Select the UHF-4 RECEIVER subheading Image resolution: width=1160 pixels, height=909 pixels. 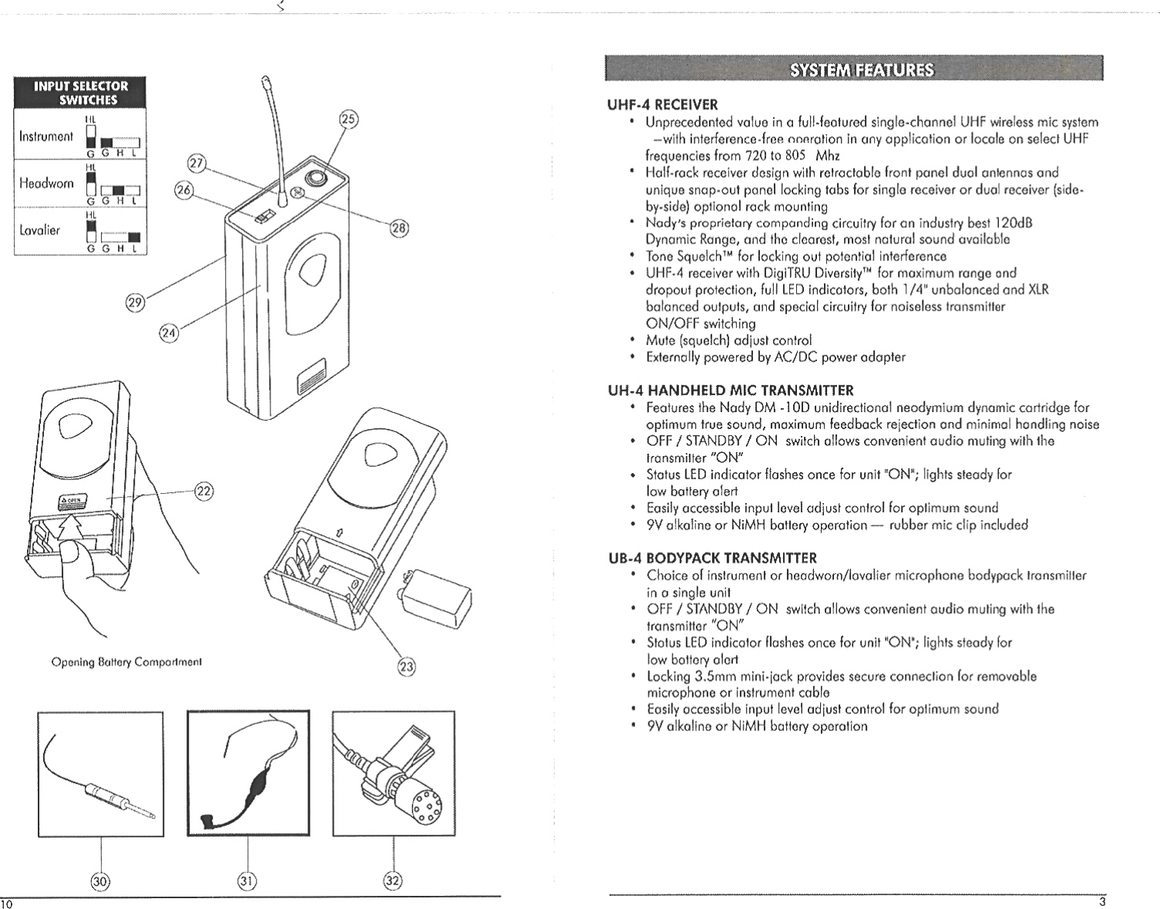(662, 105)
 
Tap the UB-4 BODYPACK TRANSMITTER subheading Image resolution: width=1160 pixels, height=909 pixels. (712, 558)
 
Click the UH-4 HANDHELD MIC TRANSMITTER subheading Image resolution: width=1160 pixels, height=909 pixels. (730, 391)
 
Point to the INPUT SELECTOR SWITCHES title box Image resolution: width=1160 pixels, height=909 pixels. (80, 92)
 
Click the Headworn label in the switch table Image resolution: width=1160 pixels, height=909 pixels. (46, 183)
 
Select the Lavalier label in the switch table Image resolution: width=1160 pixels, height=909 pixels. (40, 230)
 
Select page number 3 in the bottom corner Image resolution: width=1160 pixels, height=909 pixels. (1102, 902)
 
